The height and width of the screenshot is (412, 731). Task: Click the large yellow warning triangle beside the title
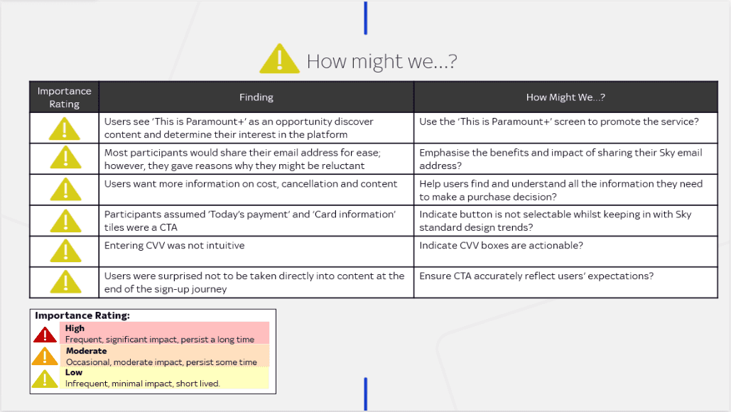(279, 60)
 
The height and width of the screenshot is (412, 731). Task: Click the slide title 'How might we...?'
(381, 61)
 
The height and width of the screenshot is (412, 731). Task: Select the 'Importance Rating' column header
(64, 97)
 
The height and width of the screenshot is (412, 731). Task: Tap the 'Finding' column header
(256, 97)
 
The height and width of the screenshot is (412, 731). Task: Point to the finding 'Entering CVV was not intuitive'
(174, 246)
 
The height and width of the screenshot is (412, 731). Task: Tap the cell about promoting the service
(558, 121)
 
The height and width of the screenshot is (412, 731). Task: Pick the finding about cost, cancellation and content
(250, 183)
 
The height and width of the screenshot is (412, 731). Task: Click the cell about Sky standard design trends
(555, 221)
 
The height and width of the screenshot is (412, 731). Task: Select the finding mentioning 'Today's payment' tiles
(249, 221)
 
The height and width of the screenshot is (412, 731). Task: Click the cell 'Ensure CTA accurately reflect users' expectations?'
(536, 276)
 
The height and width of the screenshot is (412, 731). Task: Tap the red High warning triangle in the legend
(45, 334)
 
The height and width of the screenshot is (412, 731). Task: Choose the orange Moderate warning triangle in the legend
(45, 356)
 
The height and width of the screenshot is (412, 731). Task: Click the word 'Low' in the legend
(74, 372)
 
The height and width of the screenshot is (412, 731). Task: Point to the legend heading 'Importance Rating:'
(82, 315)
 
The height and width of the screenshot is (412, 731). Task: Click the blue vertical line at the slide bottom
(366, 394)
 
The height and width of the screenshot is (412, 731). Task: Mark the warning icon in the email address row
(65, 158)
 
